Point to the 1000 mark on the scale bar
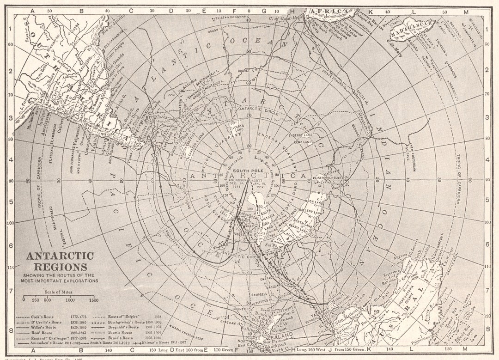click(x=70, y=300)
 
